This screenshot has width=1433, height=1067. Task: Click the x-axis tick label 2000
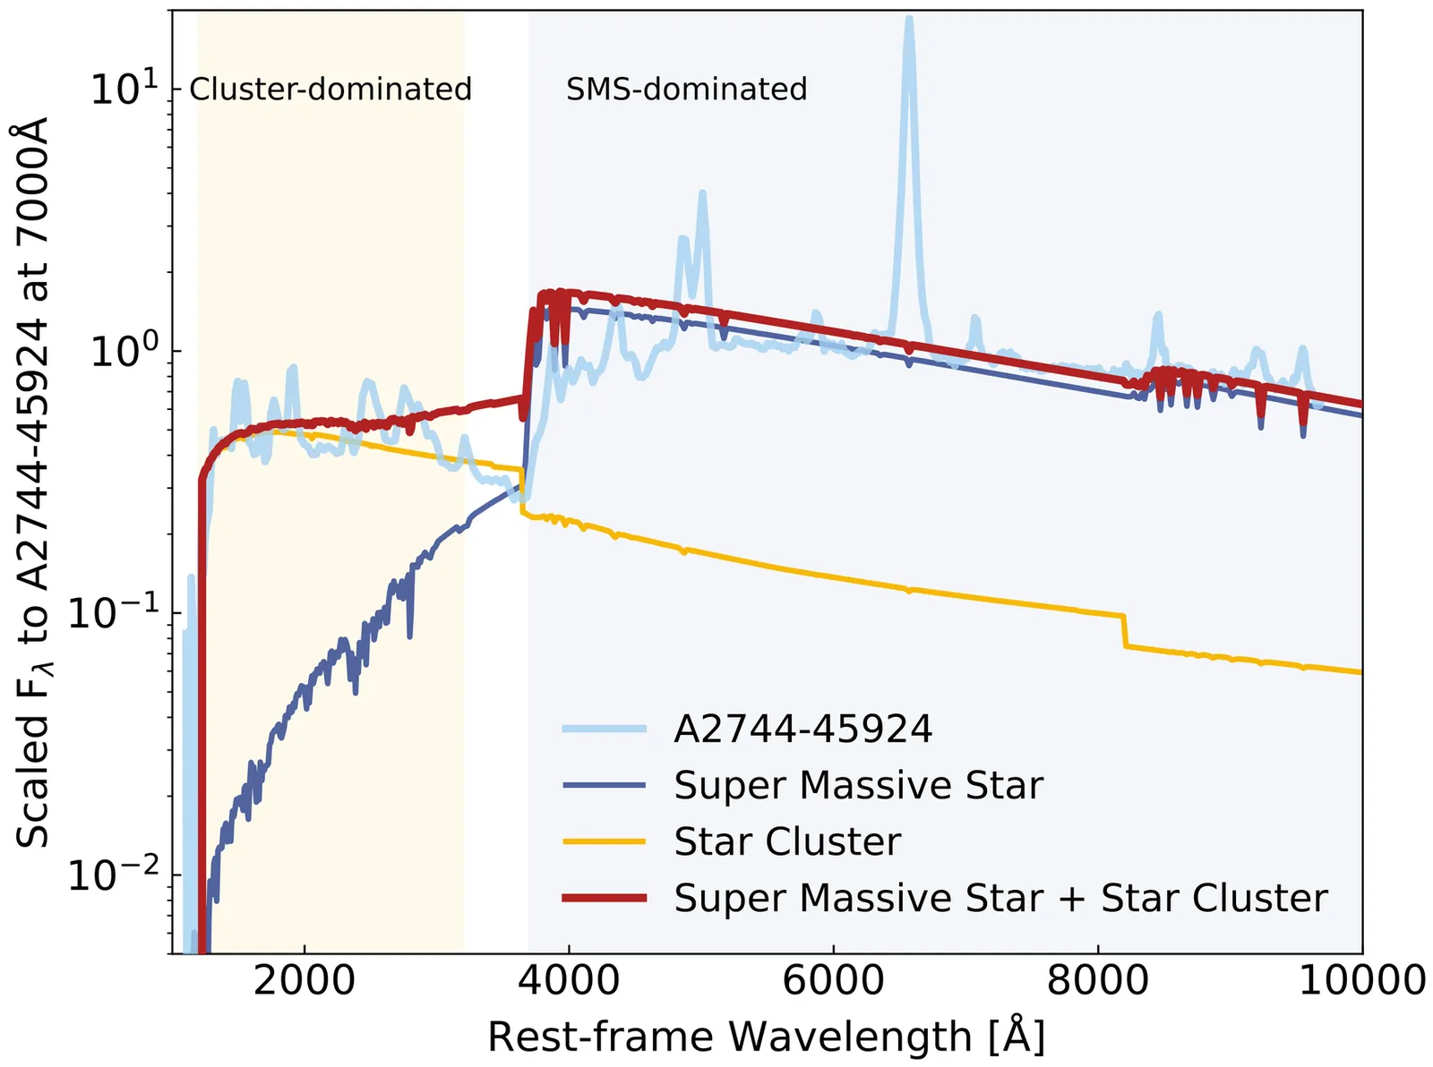coord(305,980)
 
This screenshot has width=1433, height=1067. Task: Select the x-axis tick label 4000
coord(569,980)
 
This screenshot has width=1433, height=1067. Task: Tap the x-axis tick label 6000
coord(833,980)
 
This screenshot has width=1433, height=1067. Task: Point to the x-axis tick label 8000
coord(1098,980)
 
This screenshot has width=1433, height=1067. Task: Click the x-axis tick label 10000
coord(1361,980)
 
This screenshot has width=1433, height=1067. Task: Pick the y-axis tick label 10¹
coord(124,89)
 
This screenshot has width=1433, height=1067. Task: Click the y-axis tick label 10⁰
coord(124,351)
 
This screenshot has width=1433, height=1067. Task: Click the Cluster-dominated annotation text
coord(330,90)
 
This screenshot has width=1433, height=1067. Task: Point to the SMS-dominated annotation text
coord(687,90)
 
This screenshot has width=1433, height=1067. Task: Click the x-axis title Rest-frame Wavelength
coord(766,1037)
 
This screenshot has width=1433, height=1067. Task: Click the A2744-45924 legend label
coord(803,730)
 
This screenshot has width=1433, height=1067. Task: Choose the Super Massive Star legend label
coord(859,785)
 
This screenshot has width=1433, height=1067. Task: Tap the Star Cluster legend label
coord(787,842)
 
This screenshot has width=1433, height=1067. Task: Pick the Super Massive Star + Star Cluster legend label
coord(1000,898)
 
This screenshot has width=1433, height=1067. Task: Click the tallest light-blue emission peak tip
coord(909,20)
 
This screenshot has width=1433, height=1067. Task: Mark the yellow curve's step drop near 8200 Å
coord(1125,630)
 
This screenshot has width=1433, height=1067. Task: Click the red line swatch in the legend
coord(605,898)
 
